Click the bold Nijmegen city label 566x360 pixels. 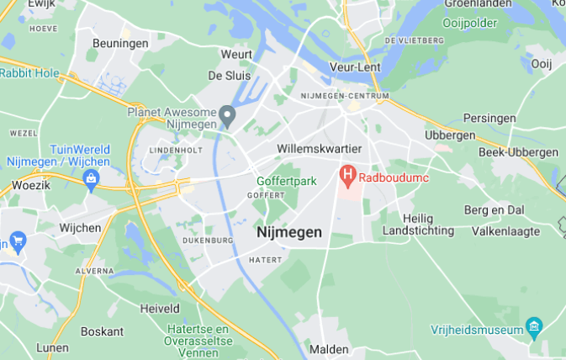click(x=288, y=232)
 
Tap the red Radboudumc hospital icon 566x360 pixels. click(x=346, y=177)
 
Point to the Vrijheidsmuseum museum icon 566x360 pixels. click(x=533, y=326)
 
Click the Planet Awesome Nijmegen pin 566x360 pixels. click(x=226, y=114)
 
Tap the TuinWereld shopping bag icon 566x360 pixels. click(x=91, y=178)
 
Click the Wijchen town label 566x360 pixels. click(x=80, y=228)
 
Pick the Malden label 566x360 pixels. click(x=329, y=348)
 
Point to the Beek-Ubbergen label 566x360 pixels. click(x=518, y=152)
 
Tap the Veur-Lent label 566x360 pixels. click(x=355, y=66)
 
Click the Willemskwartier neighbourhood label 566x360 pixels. click(x=319, y=149)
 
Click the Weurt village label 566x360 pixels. click(x=236, y=54)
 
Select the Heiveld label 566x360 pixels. click(x=160, y=309)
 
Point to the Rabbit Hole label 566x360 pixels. click(x=30, y=73)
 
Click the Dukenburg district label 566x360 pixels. click(x=207, y=241)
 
